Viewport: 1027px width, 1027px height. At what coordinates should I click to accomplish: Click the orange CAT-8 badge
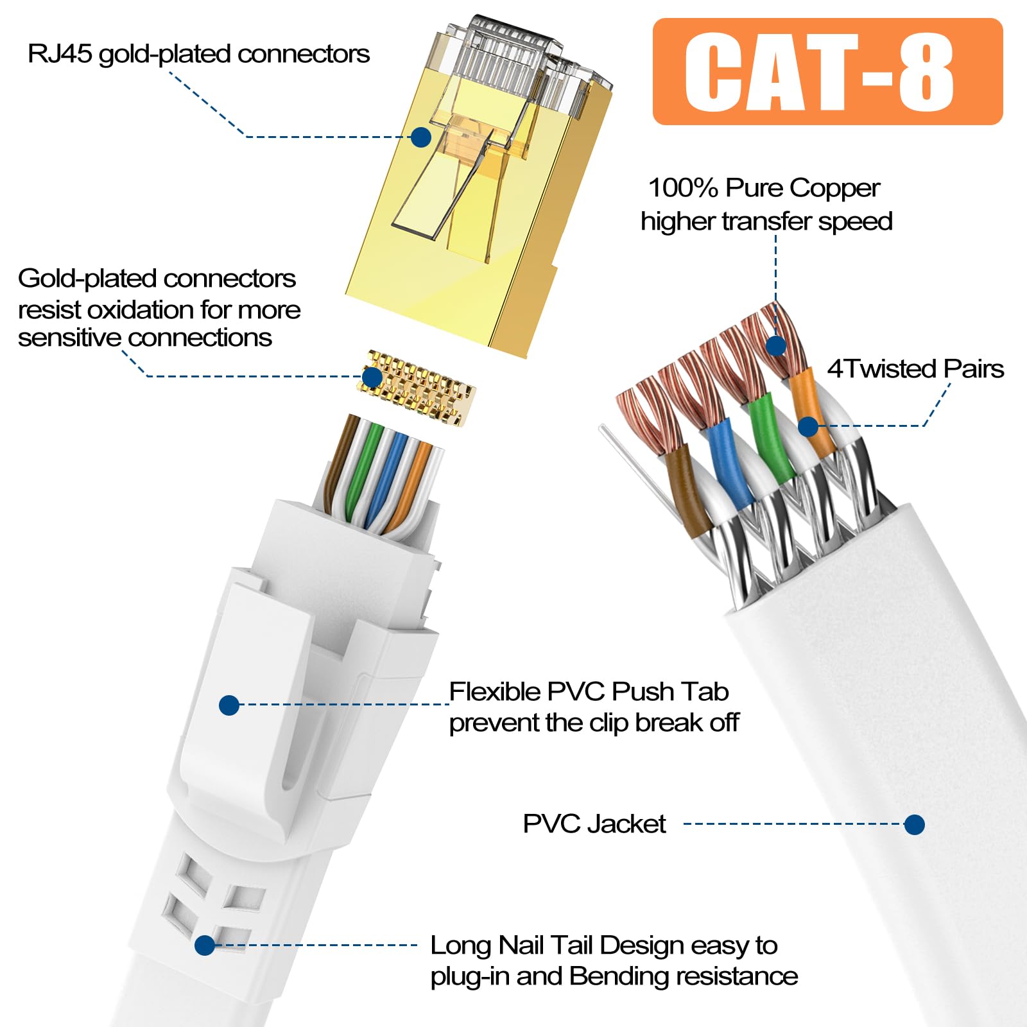point(827,71)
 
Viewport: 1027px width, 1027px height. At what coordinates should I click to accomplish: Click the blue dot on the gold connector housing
point(420,137)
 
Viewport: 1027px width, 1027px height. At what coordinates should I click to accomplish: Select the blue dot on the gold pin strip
point(372,377)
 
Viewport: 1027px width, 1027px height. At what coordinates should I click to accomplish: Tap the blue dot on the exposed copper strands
point(776,346)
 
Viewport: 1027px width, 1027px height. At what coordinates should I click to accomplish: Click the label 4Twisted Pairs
point(915,369)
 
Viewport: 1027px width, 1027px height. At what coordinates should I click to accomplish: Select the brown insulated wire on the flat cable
point(684,488)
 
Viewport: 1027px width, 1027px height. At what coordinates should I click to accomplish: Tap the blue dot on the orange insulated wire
point(808,426)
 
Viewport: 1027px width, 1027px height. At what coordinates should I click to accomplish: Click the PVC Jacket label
point(594,824)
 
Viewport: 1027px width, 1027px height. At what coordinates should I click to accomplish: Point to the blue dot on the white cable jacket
point(914,825)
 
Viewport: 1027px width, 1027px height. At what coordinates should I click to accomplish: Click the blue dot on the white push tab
point(229,705)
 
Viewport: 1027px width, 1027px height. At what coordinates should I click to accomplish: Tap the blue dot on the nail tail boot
point(205,945)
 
